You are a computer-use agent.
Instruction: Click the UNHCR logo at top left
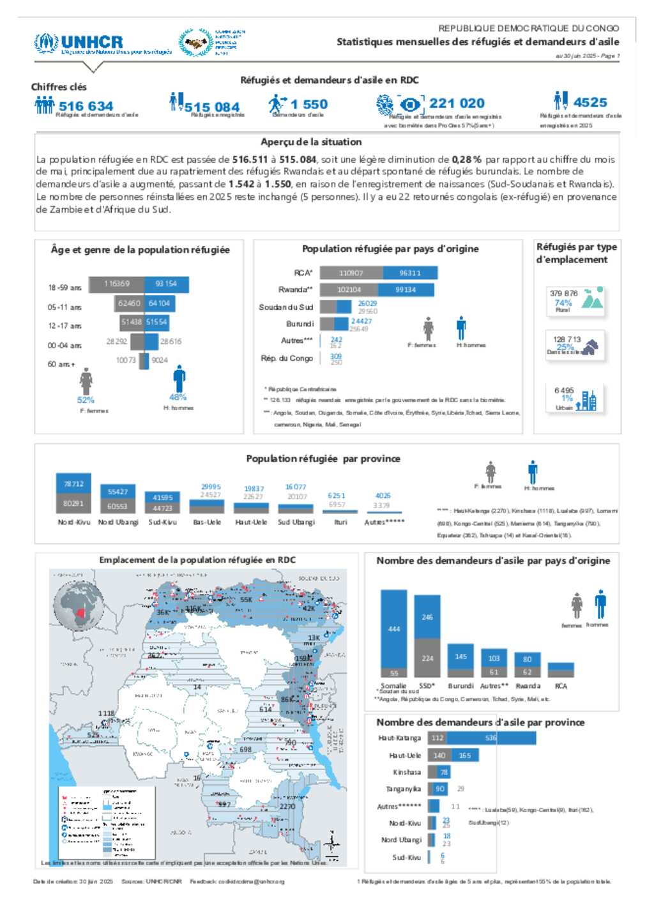tap(79, 43)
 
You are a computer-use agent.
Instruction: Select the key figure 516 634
tap(86, 106)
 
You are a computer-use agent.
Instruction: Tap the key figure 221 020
tap(457, 103)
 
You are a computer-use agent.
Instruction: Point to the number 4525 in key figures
tap(589, 102)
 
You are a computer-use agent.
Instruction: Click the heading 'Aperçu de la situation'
tap(311, 142)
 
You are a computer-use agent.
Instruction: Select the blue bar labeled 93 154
tap(166, 284)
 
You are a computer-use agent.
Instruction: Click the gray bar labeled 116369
tap(116, 284)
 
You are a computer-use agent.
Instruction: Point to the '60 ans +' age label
tap(61, 364)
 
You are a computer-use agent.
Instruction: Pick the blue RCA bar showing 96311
tap(410, 273)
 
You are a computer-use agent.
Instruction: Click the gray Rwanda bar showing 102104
tap(350, 289)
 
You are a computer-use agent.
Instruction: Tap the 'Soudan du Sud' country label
tap(285, 307)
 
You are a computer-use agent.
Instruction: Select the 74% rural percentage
tap(563, 303)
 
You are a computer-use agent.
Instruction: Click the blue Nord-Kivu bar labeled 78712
tap(73, 484)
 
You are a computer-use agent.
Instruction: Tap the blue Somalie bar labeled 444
tap(393, 628)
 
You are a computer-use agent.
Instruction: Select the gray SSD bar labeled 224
tap(427, 658)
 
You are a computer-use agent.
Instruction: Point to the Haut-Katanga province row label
tap(399, 738)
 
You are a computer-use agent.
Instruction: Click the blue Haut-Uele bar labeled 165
tap(464, 755)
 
